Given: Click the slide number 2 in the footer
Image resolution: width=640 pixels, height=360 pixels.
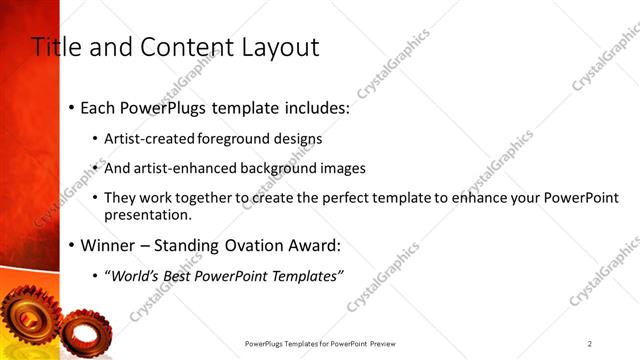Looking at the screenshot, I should point(590,343).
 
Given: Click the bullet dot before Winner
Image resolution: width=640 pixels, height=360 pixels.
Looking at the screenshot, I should point(71,246).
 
